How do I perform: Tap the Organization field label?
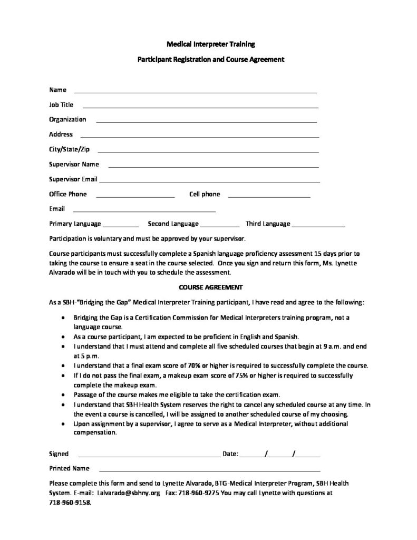pos(67,119)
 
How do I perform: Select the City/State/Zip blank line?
pos(208,151)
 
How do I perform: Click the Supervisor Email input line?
pos(209,181)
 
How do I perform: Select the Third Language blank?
pos(318,226)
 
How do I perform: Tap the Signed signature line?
pos(149,455)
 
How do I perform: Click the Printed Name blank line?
pos(209,469)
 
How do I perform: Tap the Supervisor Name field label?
pos(74,164)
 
